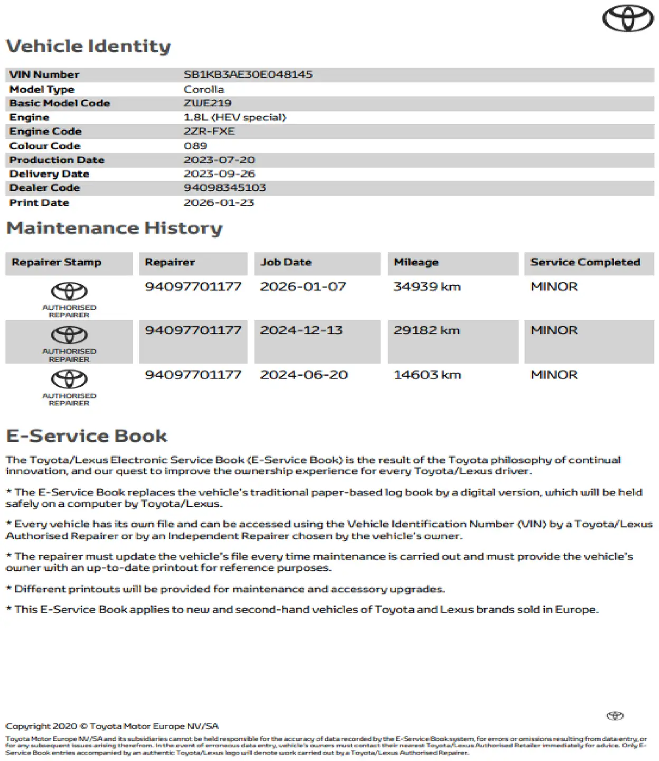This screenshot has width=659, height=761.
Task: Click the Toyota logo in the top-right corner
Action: [628, 18]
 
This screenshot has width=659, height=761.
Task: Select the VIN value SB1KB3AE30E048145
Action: [248, 75]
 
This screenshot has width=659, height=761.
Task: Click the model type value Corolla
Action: [204, 89]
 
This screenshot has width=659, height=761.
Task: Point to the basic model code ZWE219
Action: [208, 103]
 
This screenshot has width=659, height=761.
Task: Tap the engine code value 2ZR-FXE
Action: [209, 131]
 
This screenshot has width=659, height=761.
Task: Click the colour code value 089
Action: [195, 145]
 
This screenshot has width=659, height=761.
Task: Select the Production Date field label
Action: [57, 160]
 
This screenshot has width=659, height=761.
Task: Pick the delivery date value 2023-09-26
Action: [219, 174]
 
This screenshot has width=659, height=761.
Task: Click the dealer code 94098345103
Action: [225, 188]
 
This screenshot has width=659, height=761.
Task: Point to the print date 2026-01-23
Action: [219, 202]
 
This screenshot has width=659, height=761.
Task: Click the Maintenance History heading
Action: [114, 228]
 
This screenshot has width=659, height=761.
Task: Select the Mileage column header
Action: [416, 262]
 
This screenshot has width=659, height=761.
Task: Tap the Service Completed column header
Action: [585, 262]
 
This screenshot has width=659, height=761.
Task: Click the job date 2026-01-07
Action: [303, 286]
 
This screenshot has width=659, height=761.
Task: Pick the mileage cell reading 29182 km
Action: [427, 330]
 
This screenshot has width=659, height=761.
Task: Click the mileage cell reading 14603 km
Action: [427, 375]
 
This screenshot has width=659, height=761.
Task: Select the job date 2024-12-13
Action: [301, 330]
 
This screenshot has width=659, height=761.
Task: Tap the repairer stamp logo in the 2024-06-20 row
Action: [69, 379]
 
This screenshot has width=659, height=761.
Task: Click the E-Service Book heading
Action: [87, 436]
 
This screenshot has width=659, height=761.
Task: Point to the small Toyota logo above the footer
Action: [615, 716]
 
